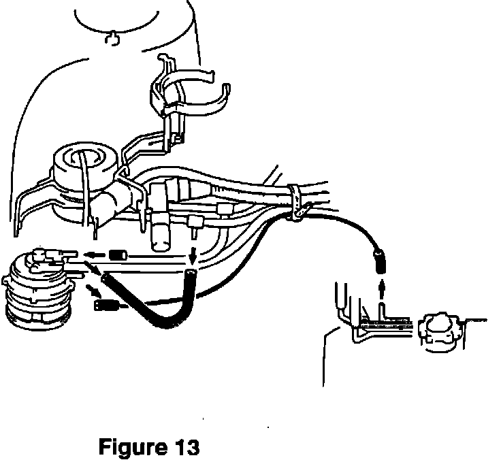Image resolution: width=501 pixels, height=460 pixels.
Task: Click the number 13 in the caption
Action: [x=183, y=447]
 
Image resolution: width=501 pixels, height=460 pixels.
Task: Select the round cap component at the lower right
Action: [x=440, y=331]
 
